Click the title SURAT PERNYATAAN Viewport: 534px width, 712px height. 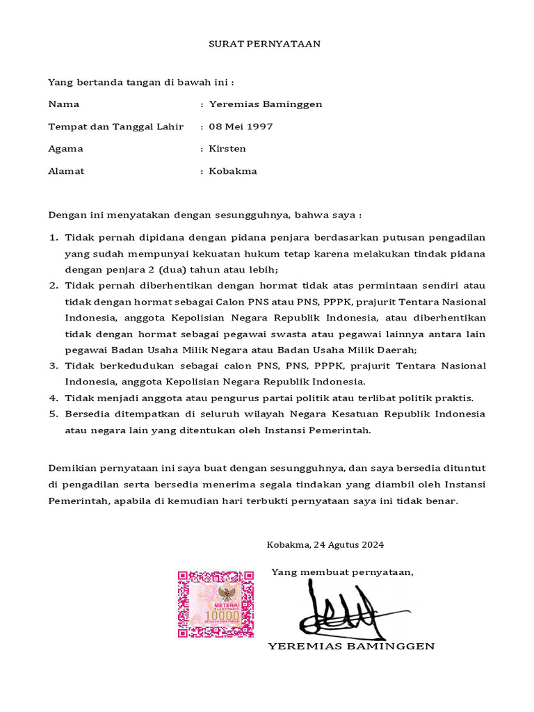pos(265,44)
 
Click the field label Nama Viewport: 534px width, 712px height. pos(63,104)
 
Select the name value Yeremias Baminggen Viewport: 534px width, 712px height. pos(265,104)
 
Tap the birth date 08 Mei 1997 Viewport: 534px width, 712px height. pos(241,127)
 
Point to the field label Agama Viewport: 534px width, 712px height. pos(65,149)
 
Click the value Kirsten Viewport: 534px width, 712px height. pos(227,149)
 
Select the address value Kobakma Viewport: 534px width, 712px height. pos(233,171)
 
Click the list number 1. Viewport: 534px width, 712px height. pos(53,238)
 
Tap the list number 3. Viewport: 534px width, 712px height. pos(53,366)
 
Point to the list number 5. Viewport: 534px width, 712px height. pos(53,414)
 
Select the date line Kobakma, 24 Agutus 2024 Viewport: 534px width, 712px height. pos(325,544)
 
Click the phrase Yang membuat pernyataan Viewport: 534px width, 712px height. pos(342,572)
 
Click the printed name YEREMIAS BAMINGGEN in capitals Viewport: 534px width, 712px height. pos(351,646)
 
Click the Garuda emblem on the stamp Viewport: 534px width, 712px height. pos(226,593)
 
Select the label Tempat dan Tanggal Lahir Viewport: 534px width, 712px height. pos(115,127)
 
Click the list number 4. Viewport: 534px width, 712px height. pos(53,398)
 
